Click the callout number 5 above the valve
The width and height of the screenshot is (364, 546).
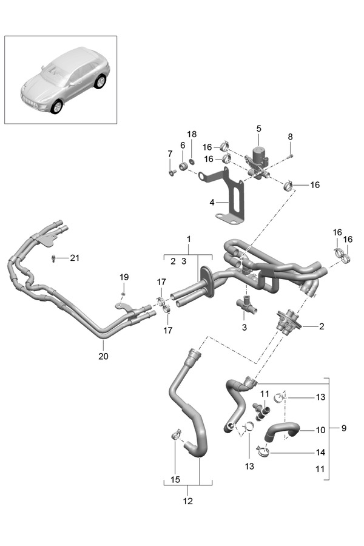[258, 129]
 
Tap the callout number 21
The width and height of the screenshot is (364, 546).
[75, 258]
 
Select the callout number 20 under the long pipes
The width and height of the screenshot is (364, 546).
[104, 356]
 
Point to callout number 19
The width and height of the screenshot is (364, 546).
[124, 277]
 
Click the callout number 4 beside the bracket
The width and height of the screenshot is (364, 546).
[212, 202]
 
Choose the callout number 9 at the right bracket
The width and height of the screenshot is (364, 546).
[344, 428]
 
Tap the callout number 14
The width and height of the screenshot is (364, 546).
[320, 453]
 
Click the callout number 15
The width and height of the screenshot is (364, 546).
[175, 479]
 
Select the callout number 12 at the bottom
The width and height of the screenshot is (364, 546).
[187, 501]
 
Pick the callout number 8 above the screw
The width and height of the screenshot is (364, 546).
[291, 137]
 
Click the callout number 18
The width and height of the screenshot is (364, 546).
[192, 134]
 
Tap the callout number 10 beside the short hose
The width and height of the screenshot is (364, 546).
[320, 430]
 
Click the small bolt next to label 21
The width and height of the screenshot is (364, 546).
[53, 258]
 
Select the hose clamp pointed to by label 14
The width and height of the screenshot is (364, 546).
[262, 451]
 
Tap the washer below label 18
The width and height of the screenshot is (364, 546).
[192, 161]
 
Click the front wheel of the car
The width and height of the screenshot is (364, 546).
[57, 107]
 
